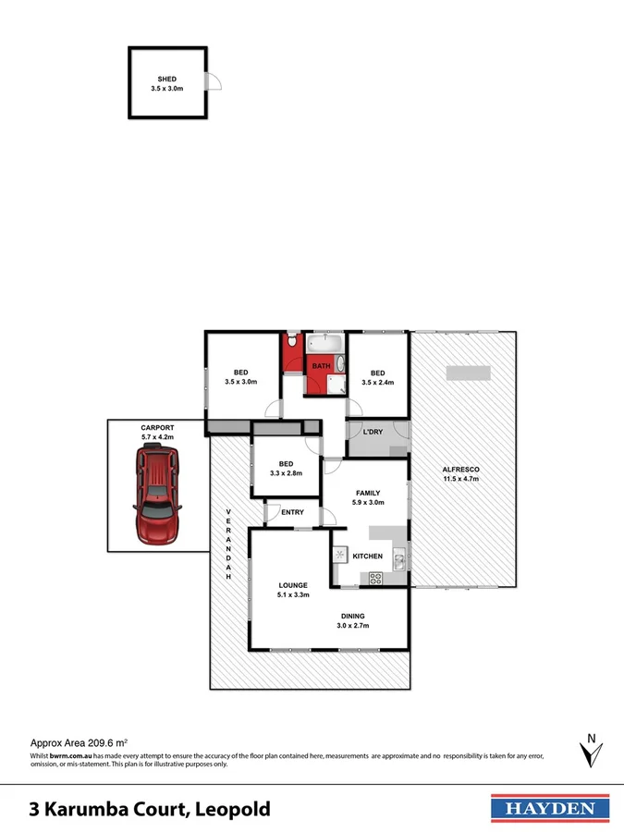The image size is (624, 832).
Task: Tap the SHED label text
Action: (167, 80)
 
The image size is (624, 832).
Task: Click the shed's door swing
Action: (214, 82)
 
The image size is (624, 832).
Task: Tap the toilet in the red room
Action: (291, 343)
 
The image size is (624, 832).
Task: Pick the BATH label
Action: (321, 367)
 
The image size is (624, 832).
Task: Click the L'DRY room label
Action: (373, 432)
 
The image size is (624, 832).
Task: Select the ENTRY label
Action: (292, 512)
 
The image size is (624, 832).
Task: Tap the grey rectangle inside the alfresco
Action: (468, 373)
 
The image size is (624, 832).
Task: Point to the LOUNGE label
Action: (293, 585)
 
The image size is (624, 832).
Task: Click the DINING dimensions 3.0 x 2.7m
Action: (352, 626)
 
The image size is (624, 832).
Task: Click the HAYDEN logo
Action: (549, 808)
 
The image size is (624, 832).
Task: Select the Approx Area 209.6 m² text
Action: (80, 742)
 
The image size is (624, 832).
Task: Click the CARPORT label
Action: (157, 428)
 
